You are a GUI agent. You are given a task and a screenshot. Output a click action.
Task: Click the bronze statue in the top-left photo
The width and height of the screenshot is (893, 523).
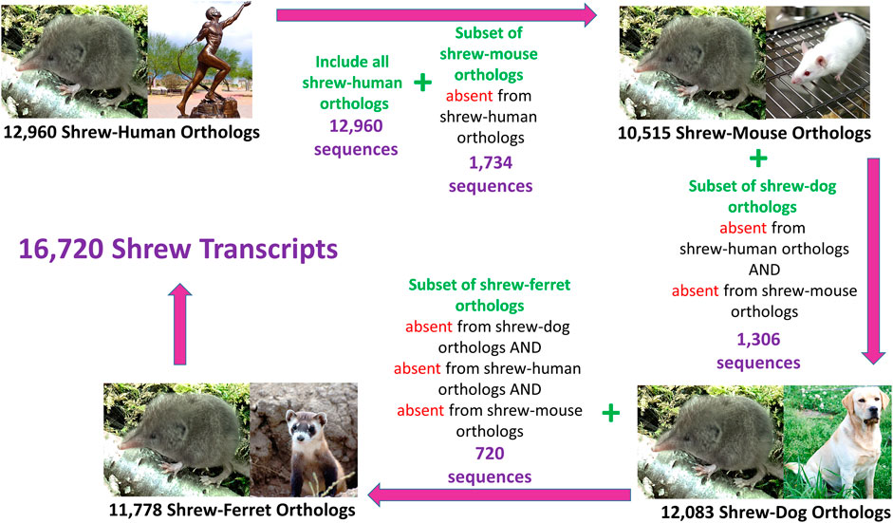tap(208, 63)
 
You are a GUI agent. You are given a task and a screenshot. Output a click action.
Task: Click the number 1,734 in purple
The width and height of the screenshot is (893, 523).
tap(491, 163)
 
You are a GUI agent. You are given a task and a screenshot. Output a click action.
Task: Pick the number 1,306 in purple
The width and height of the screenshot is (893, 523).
tap(758, 340)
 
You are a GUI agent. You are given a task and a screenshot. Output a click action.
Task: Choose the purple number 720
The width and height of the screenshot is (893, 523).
tap(490, 454)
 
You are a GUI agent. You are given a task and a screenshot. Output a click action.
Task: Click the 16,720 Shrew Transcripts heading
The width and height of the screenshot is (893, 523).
tap(178, 250)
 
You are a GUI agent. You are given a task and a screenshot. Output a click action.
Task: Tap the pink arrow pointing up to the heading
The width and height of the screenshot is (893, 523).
tap(180, 324)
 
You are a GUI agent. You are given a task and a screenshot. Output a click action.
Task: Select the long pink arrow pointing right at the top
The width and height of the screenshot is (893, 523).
tap(437, 15)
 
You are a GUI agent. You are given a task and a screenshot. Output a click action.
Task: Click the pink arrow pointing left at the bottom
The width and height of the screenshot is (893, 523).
tap(499, 494)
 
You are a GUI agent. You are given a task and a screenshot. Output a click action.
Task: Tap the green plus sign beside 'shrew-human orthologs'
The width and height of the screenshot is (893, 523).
tap(422, 84)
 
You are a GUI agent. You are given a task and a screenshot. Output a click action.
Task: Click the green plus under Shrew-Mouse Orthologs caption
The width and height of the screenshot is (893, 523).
tap(758, 158)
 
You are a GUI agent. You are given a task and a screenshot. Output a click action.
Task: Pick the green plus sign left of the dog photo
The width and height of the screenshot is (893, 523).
tap(610, 413)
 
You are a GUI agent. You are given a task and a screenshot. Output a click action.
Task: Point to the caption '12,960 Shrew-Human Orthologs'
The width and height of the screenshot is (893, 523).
tap(132, 133)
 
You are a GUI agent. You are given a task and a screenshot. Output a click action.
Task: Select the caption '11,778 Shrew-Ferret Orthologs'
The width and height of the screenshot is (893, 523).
tap(233, 510)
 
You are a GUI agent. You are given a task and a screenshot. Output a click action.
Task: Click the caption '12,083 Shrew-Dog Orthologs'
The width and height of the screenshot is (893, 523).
tap(775, 512)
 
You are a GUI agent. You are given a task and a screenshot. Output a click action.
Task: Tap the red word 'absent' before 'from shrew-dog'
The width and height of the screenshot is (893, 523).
tap(429, 327)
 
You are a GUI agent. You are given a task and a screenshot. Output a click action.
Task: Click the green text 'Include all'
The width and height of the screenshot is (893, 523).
tap(352, 62)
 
